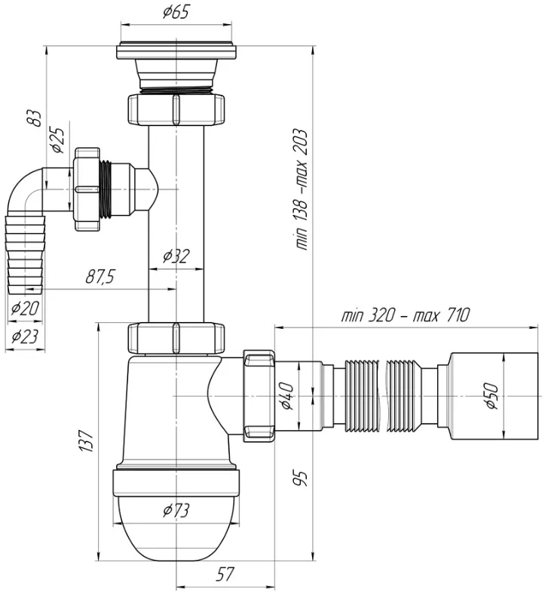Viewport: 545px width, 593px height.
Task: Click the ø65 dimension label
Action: click(x=176, y=12)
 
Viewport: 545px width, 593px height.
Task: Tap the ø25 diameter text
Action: click(x=59, y=140)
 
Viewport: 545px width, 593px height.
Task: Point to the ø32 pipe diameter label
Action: click(x=176, y=257)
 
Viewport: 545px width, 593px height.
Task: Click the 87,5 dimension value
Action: click(x=100, y=277)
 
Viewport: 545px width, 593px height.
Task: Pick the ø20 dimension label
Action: click(x=25, y=309)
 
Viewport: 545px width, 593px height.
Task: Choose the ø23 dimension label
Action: click(x=25, y=336)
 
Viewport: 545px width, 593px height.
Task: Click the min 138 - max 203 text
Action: click(x=302, y=189)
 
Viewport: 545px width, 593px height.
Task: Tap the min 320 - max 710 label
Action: click(x=406, y=315)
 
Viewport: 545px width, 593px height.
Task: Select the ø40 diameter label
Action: click(x=286, y=395)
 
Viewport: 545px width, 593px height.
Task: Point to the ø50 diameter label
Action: click(x=491, y=395)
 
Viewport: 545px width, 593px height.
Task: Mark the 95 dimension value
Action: click(x=301, y=478)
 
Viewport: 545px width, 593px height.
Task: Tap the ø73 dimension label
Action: click(x=176, y=511)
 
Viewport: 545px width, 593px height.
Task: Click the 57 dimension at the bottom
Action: click(x=225, y=574)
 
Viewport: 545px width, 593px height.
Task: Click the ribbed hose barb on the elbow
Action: click(x=25, y=254)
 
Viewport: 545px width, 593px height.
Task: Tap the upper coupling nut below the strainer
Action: click(x=176, y=109)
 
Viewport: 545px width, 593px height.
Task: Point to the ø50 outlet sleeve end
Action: click(x=494, y=396)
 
